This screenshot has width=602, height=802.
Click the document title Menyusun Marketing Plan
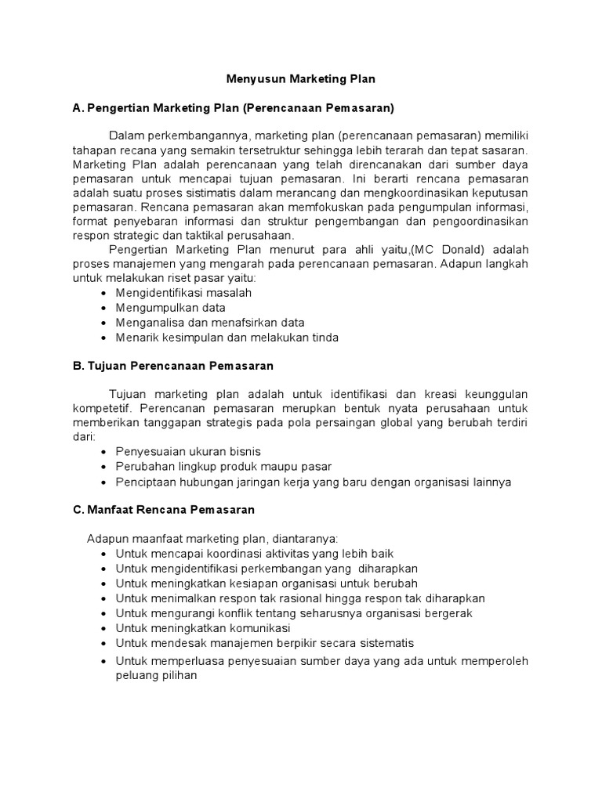coord(301,79)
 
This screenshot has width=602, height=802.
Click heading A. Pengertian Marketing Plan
coord(234,107)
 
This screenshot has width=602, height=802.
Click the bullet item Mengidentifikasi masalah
coord(183,293)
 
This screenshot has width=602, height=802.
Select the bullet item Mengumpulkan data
coord(170,308)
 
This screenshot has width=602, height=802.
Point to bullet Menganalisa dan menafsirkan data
coord(210,323)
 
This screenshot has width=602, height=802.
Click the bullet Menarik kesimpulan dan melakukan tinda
coord(227,338)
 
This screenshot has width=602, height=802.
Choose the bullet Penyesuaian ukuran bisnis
coord(188,452)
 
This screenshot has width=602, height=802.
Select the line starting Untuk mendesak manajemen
coord(264,643)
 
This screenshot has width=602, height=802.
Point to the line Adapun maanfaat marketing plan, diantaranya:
coord(212,539)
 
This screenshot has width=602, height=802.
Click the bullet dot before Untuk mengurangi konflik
coord(104,614)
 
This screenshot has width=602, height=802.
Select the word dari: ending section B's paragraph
coord(83,438)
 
